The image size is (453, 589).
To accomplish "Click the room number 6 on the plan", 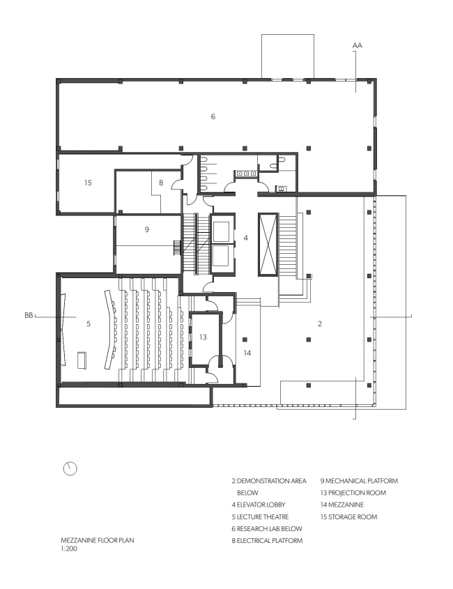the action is coord(213,116).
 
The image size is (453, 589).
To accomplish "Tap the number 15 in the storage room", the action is coord(88,183).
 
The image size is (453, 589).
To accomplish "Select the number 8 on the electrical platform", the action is coord(161,183).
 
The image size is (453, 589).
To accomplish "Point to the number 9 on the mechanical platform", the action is coord(147,229).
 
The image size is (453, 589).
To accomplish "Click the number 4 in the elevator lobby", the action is coord(245,238).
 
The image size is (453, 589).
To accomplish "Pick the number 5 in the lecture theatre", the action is coord(89,323).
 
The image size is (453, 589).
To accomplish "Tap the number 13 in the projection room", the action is coord(203,337).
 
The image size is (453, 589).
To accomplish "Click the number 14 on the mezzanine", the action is coord(247,353).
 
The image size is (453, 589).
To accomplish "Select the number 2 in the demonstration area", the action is coord(320,323).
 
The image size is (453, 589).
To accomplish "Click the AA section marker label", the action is coord(358,45).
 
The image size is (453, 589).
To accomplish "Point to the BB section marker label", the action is coord(29,315).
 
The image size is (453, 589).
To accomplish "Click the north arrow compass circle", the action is coord(70,468).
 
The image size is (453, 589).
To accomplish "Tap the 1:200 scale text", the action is coord(69,549).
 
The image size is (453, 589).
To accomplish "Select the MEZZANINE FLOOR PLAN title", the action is coord(98,540).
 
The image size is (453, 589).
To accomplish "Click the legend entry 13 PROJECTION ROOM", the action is coord(353,493).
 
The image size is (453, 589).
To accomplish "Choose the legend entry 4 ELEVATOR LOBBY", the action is coord(259,505).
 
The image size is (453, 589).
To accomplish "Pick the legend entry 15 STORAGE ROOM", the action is coord(348,517).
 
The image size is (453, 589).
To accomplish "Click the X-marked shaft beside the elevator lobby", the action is coord(268,245).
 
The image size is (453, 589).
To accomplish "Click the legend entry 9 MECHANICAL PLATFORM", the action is coord(359,480).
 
